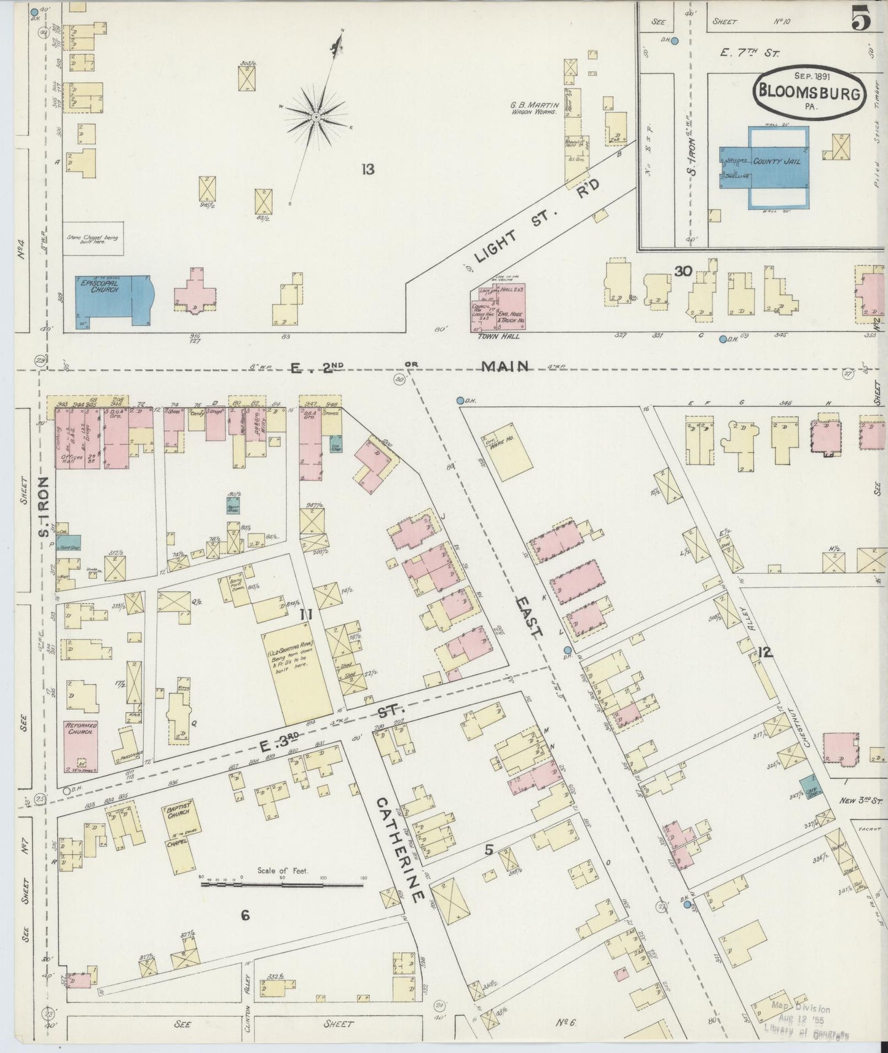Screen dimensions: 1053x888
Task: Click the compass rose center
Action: (315, 117)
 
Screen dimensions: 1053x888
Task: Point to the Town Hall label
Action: (498, 336)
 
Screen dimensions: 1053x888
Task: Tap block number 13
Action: (367, 170)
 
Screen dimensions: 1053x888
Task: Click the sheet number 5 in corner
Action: (861, 20)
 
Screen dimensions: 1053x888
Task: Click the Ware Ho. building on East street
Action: (510, 452)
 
